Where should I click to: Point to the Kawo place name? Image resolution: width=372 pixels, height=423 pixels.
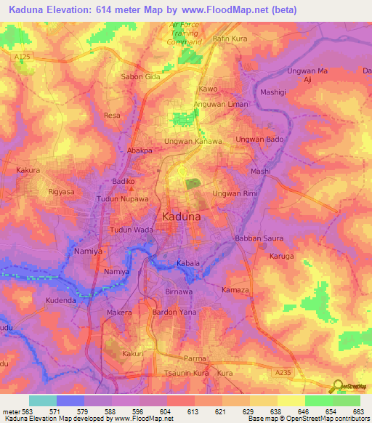tap(209, 89)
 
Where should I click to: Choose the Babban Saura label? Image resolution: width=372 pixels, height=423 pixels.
tap(254, 238)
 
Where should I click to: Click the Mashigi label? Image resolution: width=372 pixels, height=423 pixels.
tap(273, 93)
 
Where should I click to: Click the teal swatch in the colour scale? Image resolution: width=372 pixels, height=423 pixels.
tap(43, 400)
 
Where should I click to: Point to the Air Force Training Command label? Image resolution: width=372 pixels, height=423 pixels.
tap(183, 33)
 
